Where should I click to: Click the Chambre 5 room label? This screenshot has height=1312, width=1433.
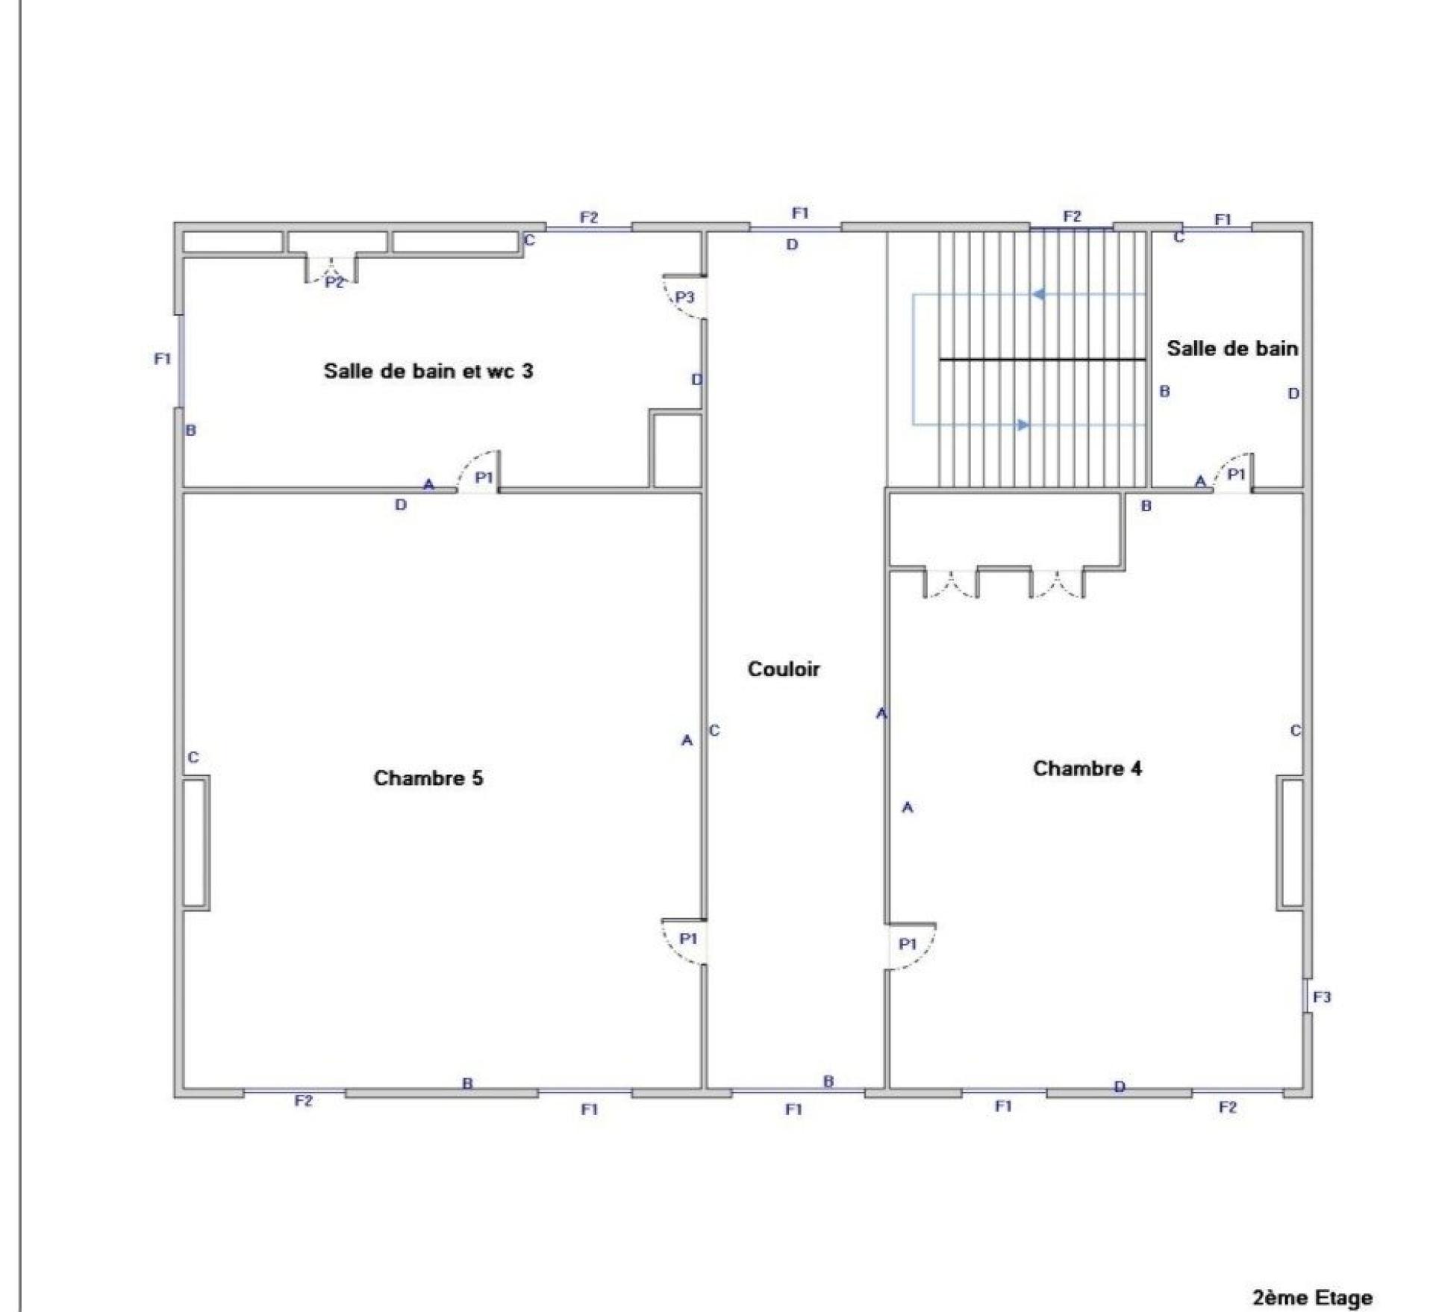pos(428,778)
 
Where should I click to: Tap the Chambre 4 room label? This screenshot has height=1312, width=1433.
pos(1087,768)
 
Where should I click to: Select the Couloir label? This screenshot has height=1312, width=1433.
pos(784,669)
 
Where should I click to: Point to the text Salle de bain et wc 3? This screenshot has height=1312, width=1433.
pos(428,371)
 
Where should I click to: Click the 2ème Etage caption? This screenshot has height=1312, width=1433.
pos(1312,1298)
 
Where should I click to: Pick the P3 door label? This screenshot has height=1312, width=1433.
pos(684,297)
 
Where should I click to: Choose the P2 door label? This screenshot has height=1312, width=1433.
pos(334,282)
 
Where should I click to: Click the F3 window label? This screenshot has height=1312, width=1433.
pos(1322,996)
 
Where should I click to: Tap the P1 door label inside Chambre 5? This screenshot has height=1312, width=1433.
pos(688,938)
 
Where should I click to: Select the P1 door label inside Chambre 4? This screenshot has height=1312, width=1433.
pos(908,944)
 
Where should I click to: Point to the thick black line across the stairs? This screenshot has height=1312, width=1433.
pos(1043,360)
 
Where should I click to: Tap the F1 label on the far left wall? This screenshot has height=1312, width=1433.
pos(163,359)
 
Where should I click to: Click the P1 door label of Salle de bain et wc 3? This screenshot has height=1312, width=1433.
pos(484,477)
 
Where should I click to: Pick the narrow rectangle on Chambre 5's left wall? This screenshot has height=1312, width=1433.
pos(196,843)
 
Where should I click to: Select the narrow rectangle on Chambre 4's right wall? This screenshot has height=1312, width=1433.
pos(1290,843)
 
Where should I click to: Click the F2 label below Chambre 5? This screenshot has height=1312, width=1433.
pos(303,1100)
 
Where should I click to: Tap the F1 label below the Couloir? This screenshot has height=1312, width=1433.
pos(794,1110)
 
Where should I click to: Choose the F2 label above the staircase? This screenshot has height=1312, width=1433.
pos(1072,216)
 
